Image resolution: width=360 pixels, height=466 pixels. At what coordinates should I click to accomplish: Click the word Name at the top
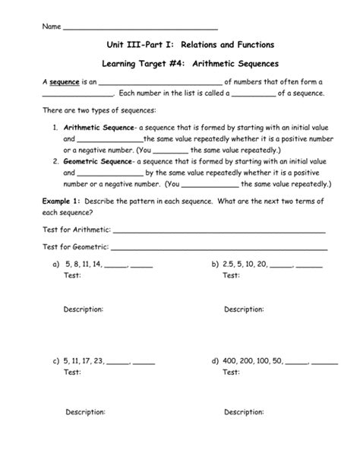pyautogui.click(x=52, y=27)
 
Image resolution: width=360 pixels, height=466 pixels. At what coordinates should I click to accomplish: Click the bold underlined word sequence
pyautogui.click(x=64, y=81)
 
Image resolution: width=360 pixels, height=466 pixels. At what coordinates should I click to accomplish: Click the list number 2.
pyautogui.click(x=56, y=162)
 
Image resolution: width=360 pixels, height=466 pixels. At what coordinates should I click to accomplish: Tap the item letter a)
pyautogui.click(x=55, y=264)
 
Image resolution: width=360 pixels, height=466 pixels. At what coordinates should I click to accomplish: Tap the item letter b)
pyautogui.click(x=216, y=264)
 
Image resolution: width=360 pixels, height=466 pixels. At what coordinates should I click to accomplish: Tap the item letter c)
pyautogui.click(x=55, y=362)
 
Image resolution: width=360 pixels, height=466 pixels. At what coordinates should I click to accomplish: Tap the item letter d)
pyautogui.click(x=216, y=362)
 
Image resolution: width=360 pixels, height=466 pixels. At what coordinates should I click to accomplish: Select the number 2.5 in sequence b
pyautogui.click(x=231, y=264)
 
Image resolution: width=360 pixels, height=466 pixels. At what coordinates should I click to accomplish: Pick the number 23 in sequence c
pyautogui.click(x=99, y=362)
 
